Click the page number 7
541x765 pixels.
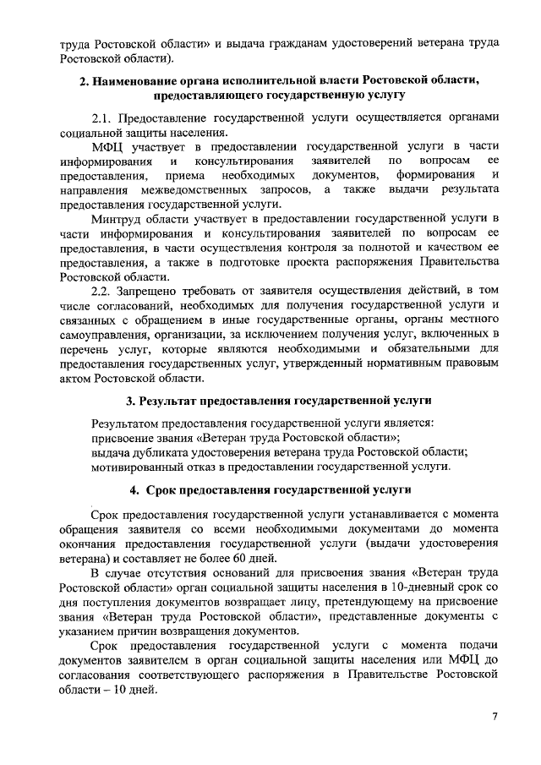495,718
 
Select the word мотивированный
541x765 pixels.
138,466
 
